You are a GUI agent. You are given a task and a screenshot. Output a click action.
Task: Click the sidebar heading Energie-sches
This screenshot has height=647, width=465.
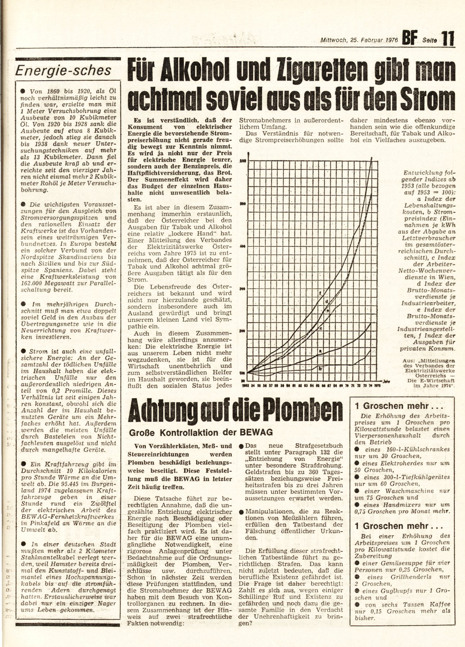pos(63,70)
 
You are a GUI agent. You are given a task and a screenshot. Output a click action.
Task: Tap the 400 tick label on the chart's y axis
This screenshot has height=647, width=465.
pos(242,246)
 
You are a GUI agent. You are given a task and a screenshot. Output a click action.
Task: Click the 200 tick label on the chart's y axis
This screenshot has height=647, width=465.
pos(242,331)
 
